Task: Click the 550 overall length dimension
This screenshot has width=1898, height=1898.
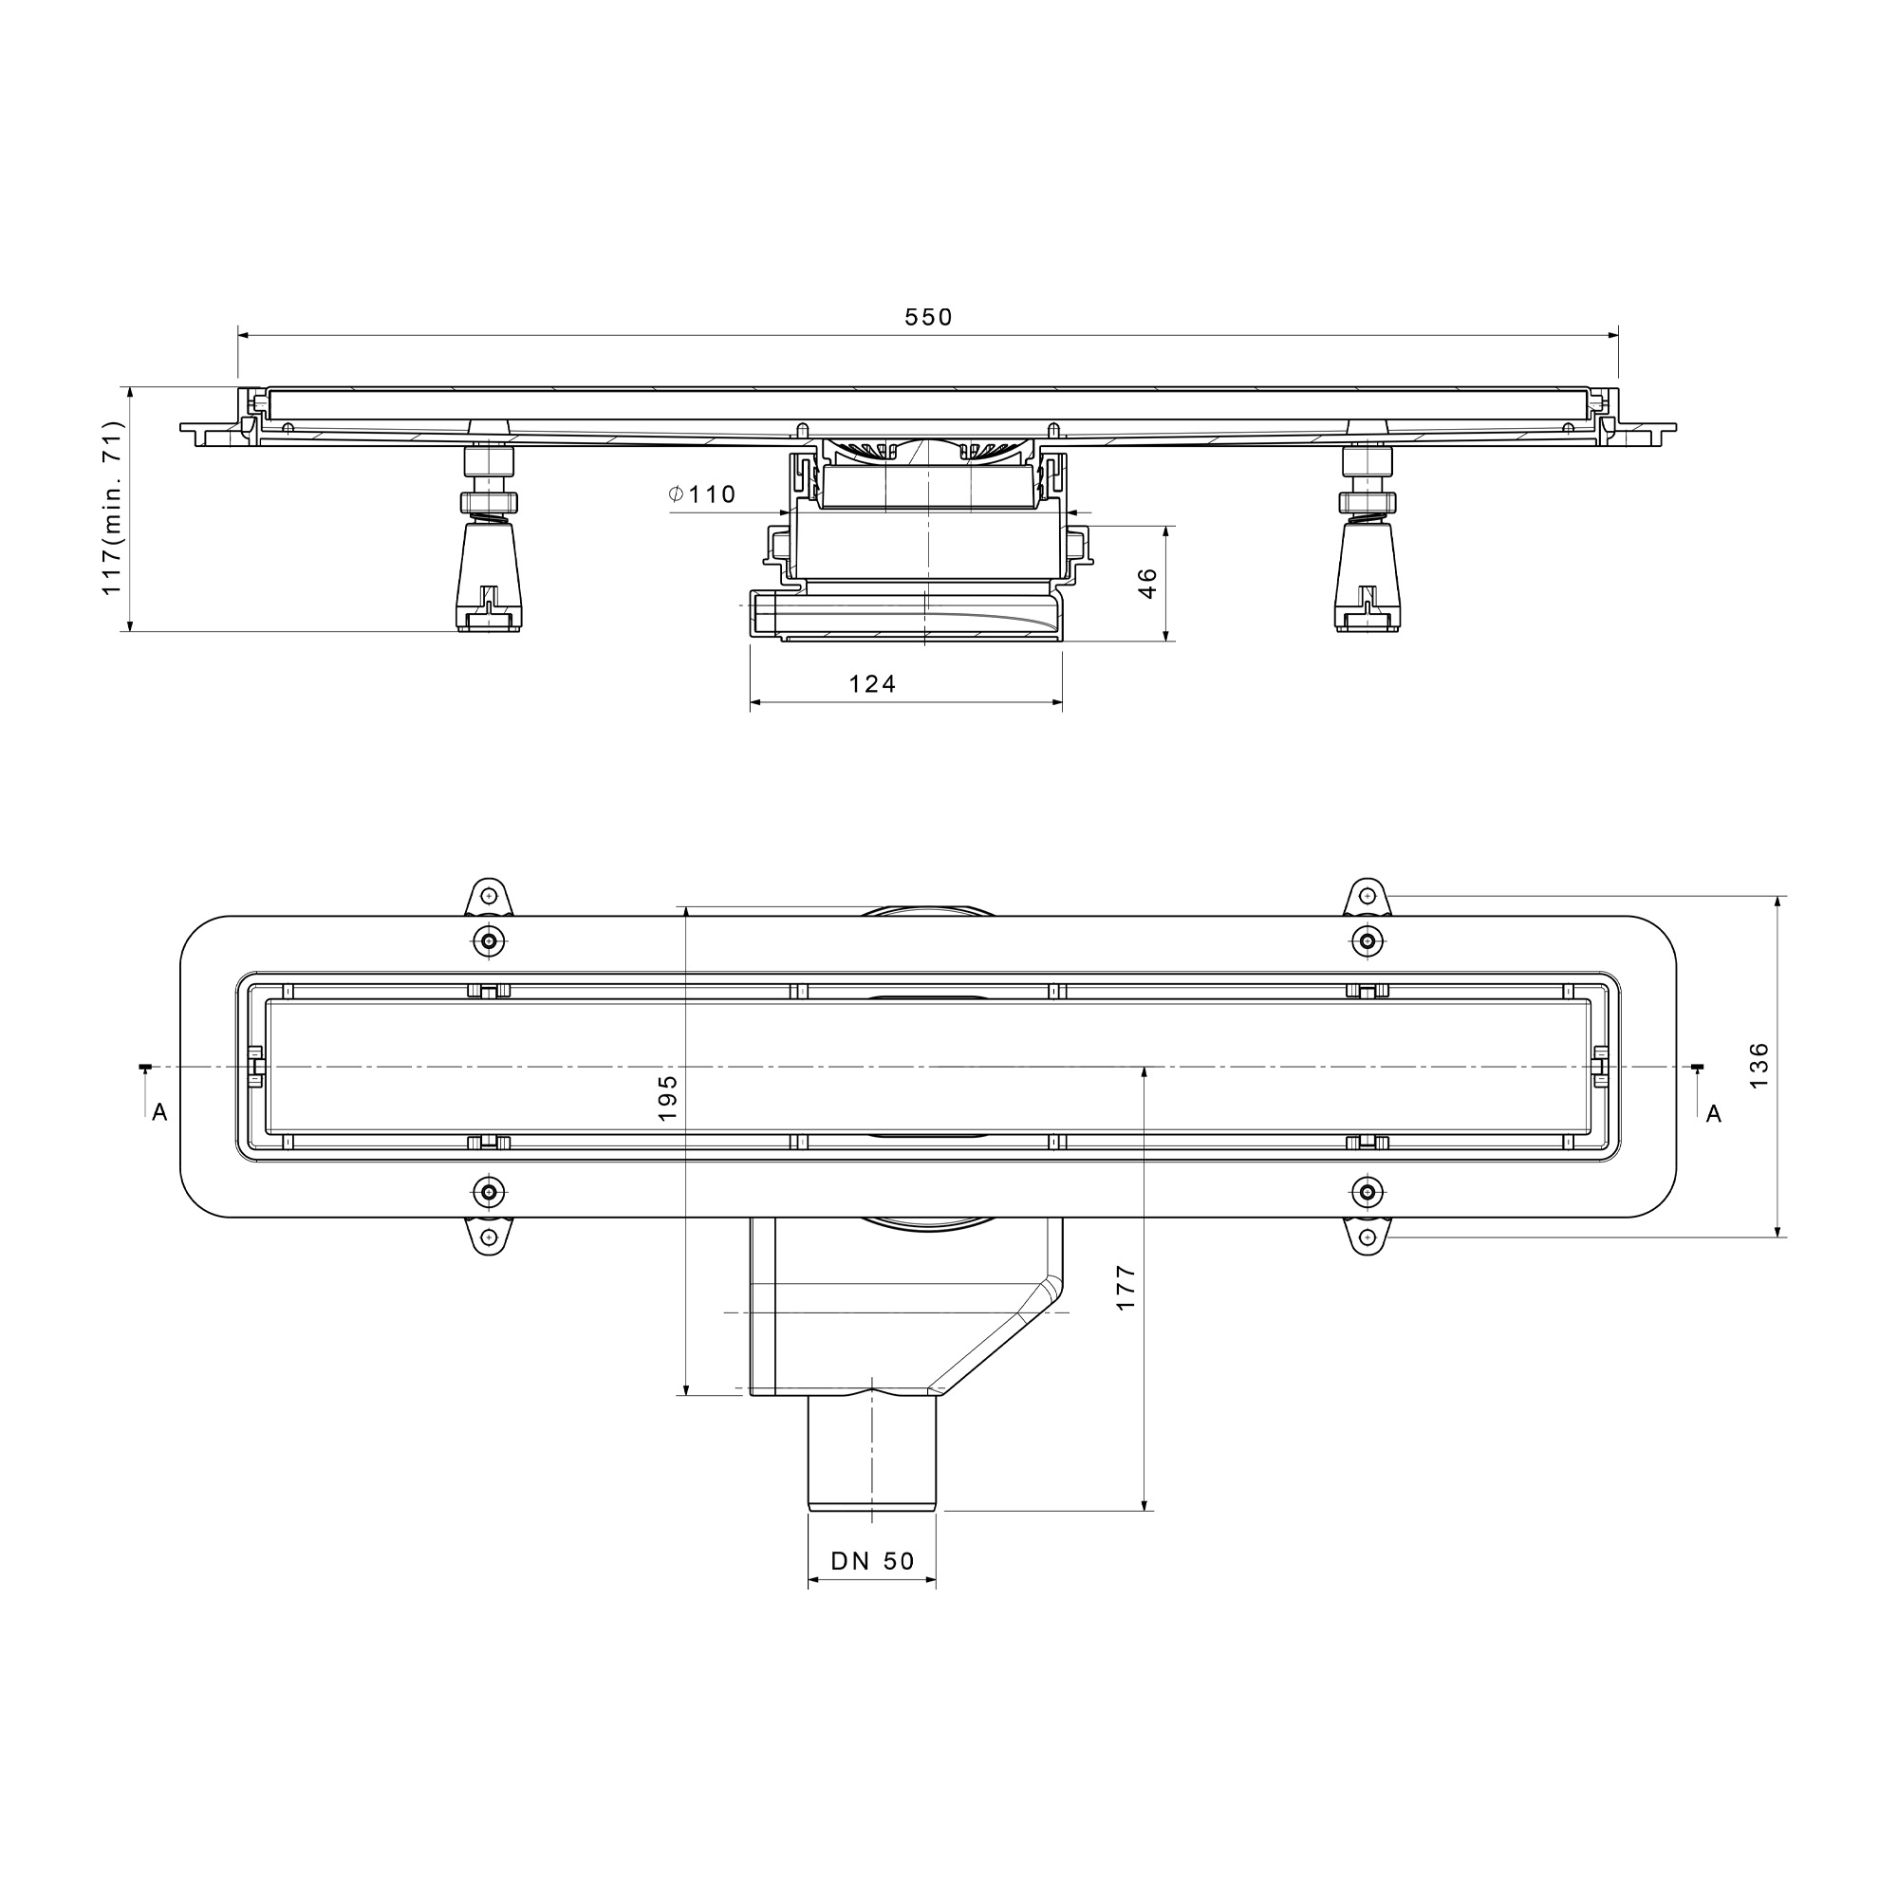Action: coord(928,317)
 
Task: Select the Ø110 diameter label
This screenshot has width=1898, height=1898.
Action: coord(702,494)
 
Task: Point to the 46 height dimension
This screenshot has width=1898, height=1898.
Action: coord(1147,584)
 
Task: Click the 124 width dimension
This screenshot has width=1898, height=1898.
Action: coord(872,683)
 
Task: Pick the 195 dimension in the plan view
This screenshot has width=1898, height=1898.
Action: coord(667,1097)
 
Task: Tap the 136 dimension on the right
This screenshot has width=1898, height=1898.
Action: coord(1758,1065)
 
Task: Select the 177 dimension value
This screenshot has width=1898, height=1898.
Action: coord(1126,1287)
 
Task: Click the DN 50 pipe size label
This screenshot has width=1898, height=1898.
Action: coord(872,1561)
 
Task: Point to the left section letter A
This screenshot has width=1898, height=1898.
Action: coord(160,1113)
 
